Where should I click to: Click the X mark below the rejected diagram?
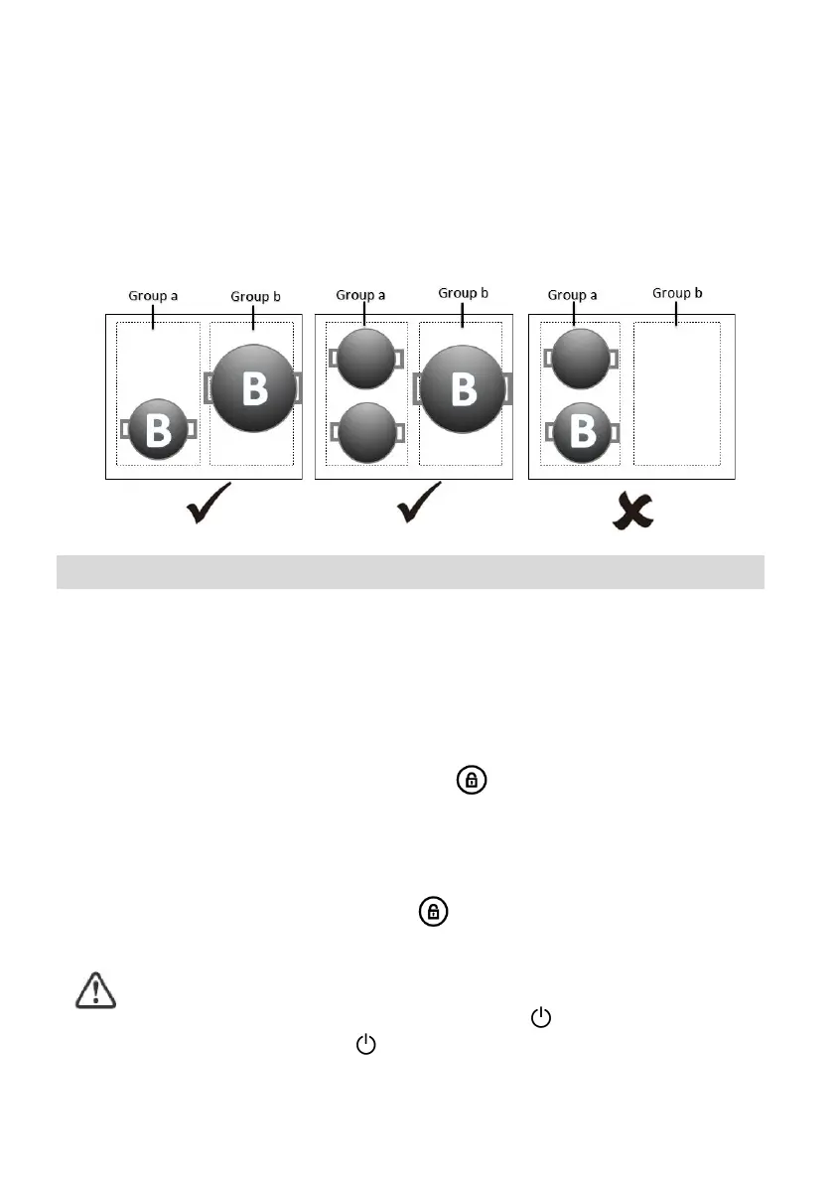[x=631, y=510]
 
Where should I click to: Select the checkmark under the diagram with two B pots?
[x=209, y=505]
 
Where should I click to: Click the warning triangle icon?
[x=96, y=991]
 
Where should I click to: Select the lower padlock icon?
[x=431, y=911]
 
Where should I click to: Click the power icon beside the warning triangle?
[x=541, y=1016]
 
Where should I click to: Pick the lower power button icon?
[x=367, y=1044]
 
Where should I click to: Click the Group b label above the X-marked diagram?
[x=679, y=293]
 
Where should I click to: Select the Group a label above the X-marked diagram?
[x=574, y=295]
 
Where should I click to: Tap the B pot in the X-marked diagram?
[x=581, y=432]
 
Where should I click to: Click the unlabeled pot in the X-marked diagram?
[x=580, y=358]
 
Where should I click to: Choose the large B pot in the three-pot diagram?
[x=464, y=387]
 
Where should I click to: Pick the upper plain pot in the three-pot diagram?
[x=365, y=358]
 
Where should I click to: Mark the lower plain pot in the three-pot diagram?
[x=365, y=432]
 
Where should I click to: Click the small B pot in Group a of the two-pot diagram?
[x=158, y=430]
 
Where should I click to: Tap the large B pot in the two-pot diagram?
[x=254, y=387]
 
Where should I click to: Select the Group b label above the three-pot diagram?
[x=465, y=293]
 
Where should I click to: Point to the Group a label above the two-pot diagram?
[x=154, y=296]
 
